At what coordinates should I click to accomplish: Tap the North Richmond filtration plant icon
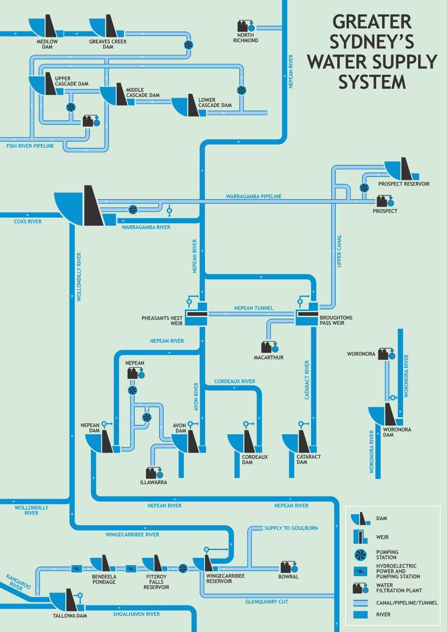pos(246,26)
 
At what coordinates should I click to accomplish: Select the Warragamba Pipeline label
pos(254,196)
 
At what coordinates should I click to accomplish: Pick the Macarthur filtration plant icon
pos(269,347)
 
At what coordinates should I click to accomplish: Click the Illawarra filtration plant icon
pos(154,473)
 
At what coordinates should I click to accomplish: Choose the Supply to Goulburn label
pos(291,528)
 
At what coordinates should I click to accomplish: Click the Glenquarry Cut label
pos(267,602)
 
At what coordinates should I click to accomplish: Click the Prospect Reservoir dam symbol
pos(402,169)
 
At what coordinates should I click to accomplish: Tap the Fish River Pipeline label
pos(30,146)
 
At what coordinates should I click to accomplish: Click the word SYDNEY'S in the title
pos(372,41)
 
